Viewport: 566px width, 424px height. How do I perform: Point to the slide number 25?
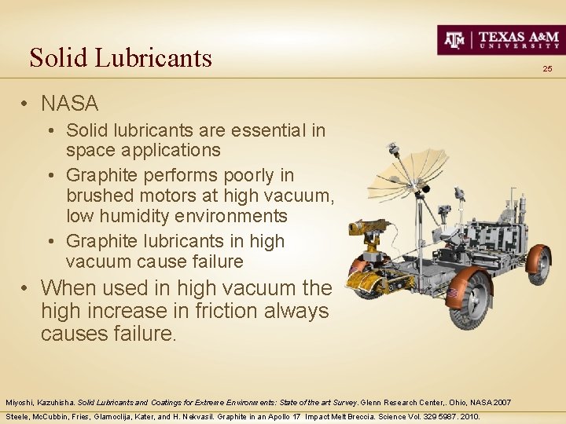pos(547,70)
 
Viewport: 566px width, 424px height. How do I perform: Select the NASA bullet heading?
pos(70,103)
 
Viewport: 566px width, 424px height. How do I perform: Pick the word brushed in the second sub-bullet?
pos(98,195)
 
